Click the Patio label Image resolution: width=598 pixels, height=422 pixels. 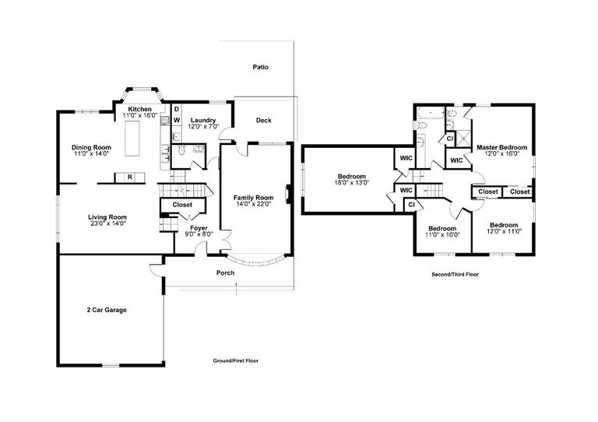[261, 68]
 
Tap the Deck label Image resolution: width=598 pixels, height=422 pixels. [264, 120]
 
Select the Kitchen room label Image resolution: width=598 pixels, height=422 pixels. [140, 109]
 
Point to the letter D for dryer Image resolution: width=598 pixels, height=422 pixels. [176, 109]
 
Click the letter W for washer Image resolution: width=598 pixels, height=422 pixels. [176, 120]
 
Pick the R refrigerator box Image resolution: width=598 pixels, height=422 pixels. [129, 178]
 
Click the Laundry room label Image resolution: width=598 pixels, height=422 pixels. [202, 120]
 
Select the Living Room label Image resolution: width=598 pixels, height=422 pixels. [107, 217]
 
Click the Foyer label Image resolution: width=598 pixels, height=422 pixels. [199, 227]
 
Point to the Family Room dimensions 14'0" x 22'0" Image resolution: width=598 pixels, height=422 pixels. [254, 204]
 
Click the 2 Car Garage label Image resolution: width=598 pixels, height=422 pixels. [107, 310]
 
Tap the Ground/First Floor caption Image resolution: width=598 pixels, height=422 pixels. [236, 361]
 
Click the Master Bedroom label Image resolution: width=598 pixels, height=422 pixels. [501, 147]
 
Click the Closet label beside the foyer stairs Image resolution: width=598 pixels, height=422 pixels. [182, 205]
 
